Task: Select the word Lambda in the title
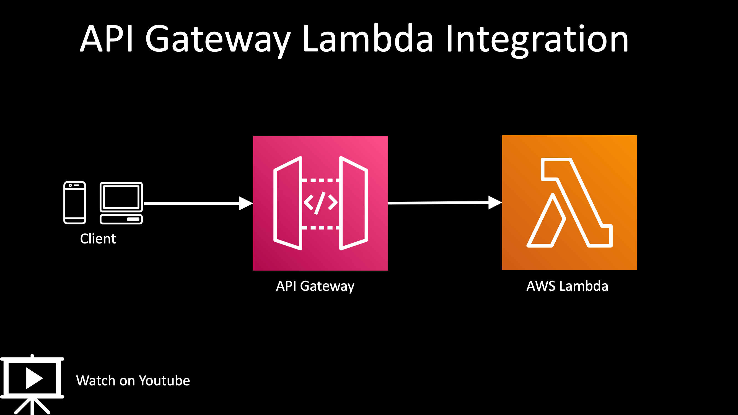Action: click(x=368, y=38)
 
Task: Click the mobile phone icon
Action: click(x=74, y=203)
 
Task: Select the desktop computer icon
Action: click(x=121, y=203)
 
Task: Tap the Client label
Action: click(x=98, y=238)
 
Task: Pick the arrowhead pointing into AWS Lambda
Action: click(x=495, y=203)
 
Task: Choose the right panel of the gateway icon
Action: click(x=354, y=203)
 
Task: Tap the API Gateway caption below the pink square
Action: click(x=315, y=286)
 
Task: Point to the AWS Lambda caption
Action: click(x=567, y=286)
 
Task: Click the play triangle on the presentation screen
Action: click(x=34, y=378)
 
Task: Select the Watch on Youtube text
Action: click(x=133, y=381)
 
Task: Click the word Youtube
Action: click(x=164, y=381)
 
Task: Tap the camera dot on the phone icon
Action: click(x=70, y=186)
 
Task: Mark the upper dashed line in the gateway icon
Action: click(x=321, y=180)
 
